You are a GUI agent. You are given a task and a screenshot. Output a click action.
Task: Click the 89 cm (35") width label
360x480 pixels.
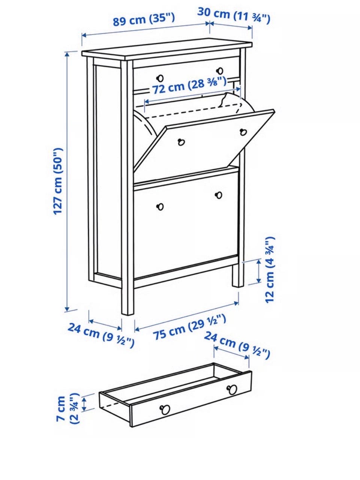[144, 19]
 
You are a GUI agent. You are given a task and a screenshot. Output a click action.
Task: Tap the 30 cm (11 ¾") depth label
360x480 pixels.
[234, 15]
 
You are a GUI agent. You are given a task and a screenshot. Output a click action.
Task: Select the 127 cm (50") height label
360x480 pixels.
[58, 181]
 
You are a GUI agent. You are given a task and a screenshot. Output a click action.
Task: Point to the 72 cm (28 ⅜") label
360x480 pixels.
[189, 86]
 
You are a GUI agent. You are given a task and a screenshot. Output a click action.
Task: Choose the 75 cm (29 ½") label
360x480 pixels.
[189, 328]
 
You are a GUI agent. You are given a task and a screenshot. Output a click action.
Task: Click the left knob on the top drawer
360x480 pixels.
[160, 78]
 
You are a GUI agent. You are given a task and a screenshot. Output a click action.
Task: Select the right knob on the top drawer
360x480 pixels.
[220, 70]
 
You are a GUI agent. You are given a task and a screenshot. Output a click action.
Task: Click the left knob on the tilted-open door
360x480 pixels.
[181, 142]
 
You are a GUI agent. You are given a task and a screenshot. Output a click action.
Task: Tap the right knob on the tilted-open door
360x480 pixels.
[243, 132]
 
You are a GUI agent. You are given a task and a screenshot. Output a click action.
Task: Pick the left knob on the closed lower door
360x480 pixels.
[160, 206]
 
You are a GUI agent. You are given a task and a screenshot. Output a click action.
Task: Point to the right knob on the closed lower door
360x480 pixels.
[219, 195]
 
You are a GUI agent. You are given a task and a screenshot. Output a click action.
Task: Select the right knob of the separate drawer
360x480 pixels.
[232, 389]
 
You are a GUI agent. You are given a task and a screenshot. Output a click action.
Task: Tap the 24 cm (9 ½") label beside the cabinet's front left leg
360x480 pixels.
[101, 334]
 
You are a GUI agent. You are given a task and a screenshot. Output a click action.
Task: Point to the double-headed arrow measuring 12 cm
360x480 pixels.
[259, 271]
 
